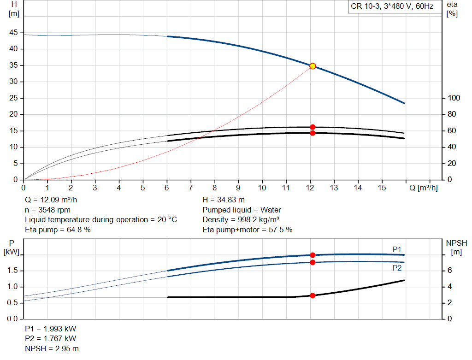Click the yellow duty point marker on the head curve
tap(313, 66)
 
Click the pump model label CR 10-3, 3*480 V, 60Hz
tap(391, 7)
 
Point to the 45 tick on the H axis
tap(14, 33)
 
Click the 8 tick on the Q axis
tap(214, 188)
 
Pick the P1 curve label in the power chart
tap(397, 249)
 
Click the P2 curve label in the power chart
tap(397, 268)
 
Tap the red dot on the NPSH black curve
tap(313, 295)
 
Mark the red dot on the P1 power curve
tap(313, 255)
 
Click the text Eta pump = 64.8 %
tap(58, 230)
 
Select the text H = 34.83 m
tap(224, 200)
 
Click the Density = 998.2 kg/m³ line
tap(241, 220)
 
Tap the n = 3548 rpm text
tap(47, 210)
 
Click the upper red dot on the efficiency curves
tap(313, 127)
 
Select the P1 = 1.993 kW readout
tap(51, 329)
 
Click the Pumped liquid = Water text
tap(242, 210)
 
